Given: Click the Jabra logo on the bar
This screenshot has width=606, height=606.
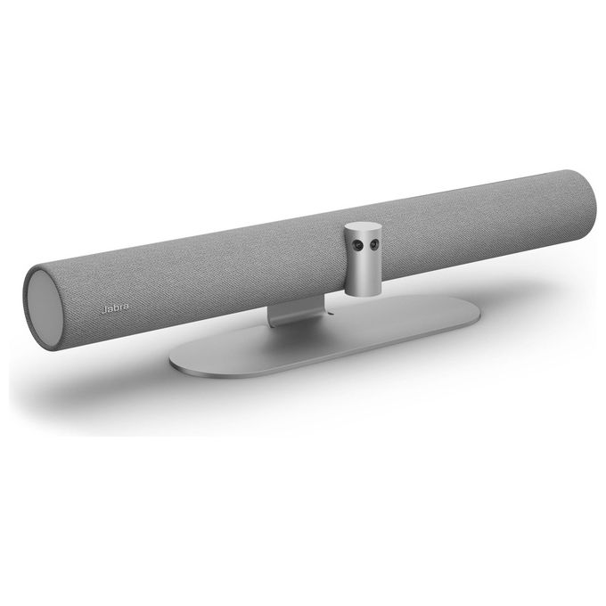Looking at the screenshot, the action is coord(115,308).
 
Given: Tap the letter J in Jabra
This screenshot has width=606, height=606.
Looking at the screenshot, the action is coord(103,309).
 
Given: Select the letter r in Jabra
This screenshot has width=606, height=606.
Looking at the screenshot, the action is coord(120,307).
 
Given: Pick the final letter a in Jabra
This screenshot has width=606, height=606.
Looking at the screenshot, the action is coord(126,307).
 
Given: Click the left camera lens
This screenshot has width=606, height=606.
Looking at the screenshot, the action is coord(359,245).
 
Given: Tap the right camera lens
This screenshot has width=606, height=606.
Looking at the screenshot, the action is coord(373,244).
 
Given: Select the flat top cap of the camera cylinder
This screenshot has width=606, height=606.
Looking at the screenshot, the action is coord(363,227).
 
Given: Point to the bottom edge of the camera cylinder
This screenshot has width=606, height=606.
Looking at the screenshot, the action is coord(363,294).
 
